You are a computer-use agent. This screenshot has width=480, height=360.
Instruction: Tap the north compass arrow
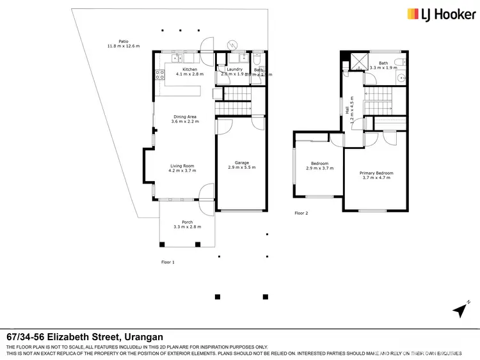point(458,311)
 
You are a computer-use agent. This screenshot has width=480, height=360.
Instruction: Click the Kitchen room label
point(190,69)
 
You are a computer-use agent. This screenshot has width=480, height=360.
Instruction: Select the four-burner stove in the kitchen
point(159,76)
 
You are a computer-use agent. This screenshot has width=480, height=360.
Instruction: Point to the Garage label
point(241,162)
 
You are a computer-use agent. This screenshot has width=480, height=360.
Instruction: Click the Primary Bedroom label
point(376,173)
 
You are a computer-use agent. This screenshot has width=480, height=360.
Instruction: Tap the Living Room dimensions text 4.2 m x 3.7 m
point(182,171)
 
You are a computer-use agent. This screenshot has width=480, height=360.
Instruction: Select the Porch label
point(187,222)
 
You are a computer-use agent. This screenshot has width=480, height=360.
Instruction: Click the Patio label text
point(114,42)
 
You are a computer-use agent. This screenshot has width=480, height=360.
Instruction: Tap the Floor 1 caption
point(168,262)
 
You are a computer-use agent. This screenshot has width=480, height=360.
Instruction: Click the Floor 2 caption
point(301,213)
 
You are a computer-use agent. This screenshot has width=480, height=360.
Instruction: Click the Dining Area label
point(184,116)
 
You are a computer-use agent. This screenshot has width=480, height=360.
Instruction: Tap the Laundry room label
point(234,69)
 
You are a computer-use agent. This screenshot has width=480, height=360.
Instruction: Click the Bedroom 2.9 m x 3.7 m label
point(319,163)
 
